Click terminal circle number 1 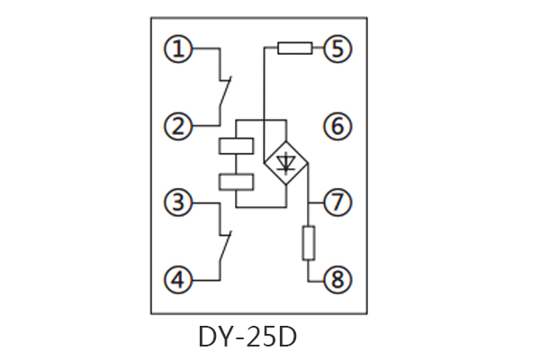click(x=179, y=49)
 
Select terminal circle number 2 click(x=179, y=126)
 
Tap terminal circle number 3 click(x=179, y=203)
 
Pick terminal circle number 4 click(x=179, y=281)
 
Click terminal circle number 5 click(x=337, y=49)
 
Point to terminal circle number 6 click(x=337, y=126)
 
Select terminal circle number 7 click(x=337, y=203)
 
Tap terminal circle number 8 click(x=337, y=281)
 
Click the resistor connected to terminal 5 click(x=294, y=49)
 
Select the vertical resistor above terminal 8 click(x=309, y=243)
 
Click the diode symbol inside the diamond click(x=286, y=163)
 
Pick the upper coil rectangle click(x=236, y=146)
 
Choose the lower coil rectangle click(x=236, y=182)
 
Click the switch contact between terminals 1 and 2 click(x=224, y=91)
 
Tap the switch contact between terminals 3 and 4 click(x=224, y=244)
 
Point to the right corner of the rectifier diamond click(x=309, y=163)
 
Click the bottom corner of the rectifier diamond click(x=286, y=185)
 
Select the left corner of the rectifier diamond click(x=264, y=163)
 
